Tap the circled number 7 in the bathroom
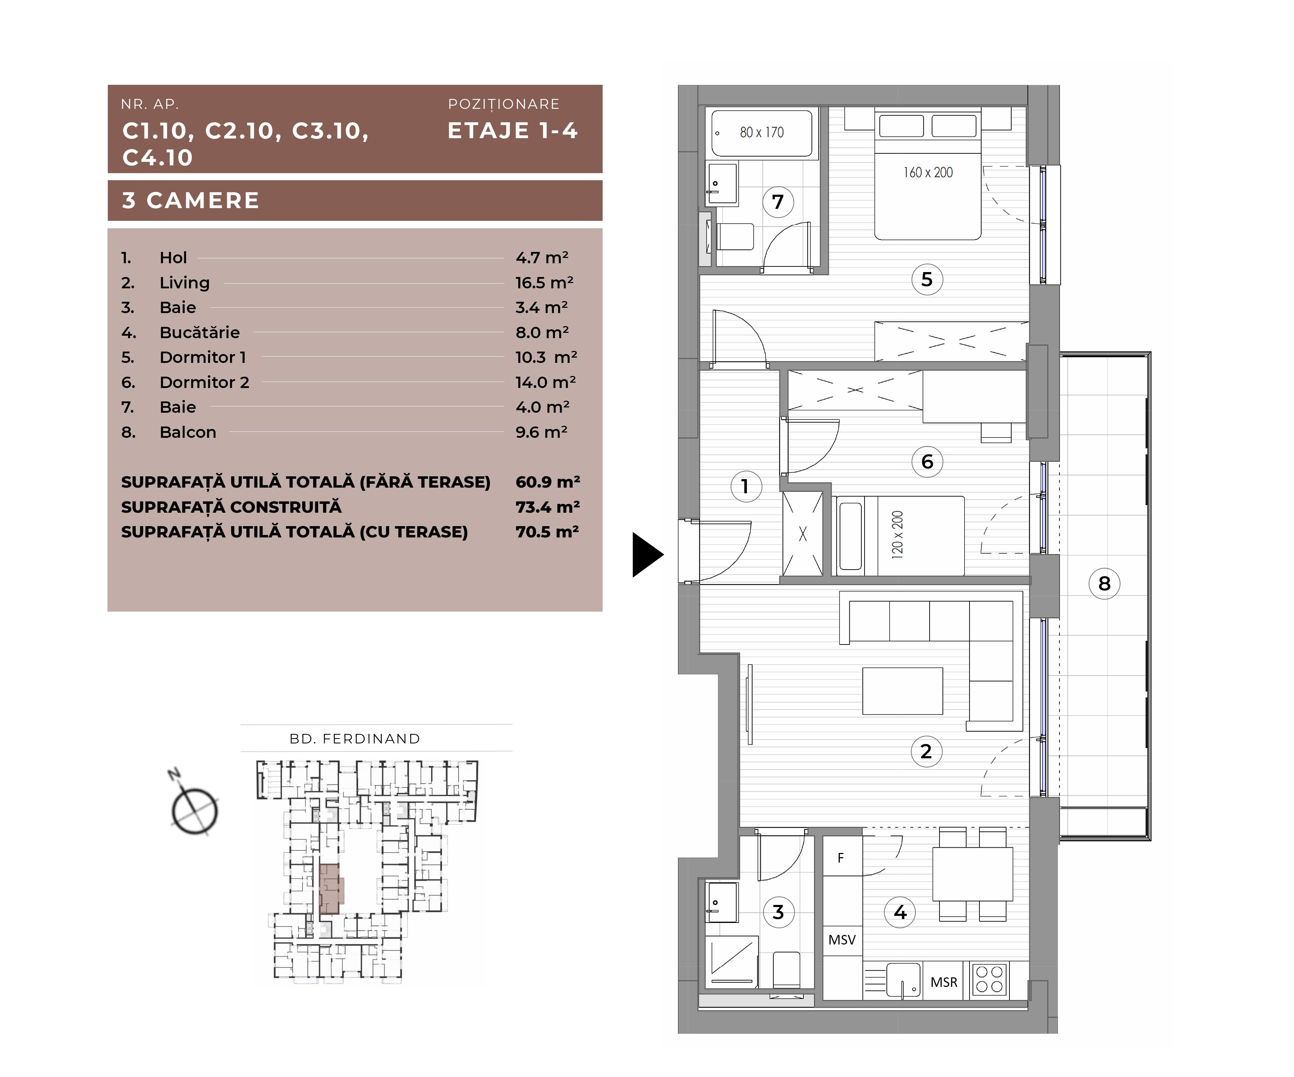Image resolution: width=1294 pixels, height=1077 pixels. [x=778, y=201]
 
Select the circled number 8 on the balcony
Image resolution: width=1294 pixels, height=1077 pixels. [x=1104, y=583]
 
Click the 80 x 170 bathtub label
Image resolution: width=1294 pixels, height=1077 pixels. [x=762, y=133]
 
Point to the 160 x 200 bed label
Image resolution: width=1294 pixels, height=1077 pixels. [x=928, y=172]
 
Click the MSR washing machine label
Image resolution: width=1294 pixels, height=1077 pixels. [x=944, y=982]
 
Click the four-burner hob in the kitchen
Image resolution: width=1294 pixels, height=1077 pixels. [x=990, y=979]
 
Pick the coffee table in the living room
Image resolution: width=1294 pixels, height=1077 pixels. [x=903, y=691]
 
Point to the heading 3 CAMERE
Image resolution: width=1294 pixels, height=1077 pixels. [x=191, y=200]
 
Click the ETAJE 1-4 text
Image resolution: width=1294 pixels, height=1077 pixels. [x=513, y=131]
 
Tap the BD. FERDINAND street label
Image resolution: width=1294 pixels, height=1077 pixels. [x=355, y=739]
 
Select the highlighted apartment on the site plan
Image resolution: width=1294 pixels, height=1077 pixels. [x=331, y=888]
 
